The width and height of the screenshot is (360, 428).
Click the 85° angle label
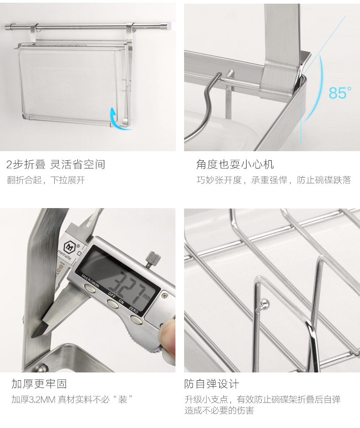tap(340, 93)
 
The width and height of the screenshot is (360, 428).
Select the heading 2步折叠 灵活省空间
tap(56, 164)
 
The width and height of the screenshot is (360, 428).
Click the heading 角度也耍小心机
tap(235, 164)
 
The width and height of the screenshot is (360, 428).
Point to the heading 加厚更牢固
tap(39, 384)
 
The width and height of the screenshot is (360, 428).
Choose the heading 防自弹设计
tap(212, 384)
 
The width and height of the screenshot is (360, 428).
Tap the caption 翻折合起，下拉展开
tap(46, 180)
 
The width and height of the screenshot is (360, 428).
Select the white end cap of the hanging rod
tap(170, 26)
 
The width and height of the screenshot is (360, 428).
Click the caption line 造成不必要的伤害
tap(219, 410)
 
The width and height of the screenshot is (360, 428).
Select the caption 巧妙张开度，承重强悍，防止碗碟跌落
tap(274, 180)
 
